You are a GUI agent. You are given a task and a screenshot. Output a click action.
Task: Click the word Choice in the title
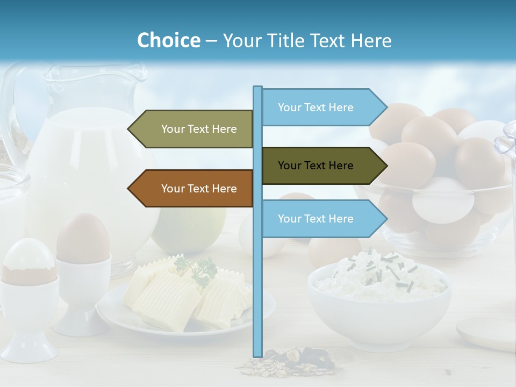[x=168, y=40]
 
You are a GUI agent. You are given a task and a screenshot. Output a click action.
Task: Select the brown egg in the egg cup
[x=83, y=237]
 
